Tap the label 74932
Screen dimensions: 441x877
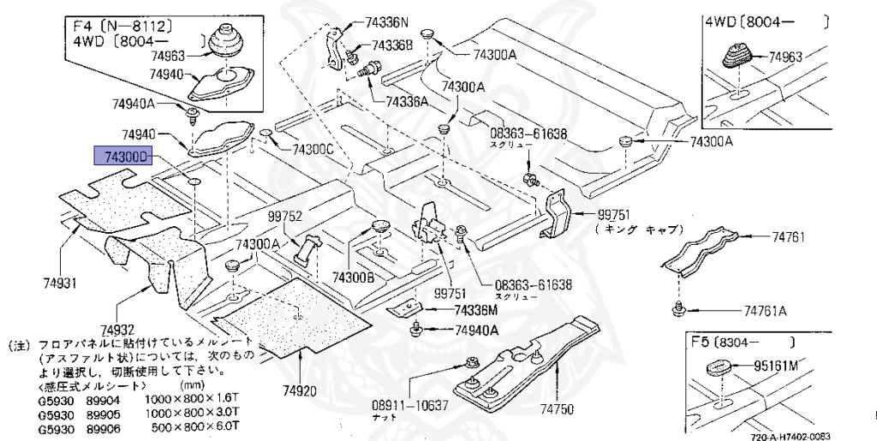pos(116,330)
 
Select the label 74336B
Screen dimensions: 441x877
pos(393,45)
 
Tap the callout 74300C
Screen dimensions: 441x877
pos(313,148)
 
